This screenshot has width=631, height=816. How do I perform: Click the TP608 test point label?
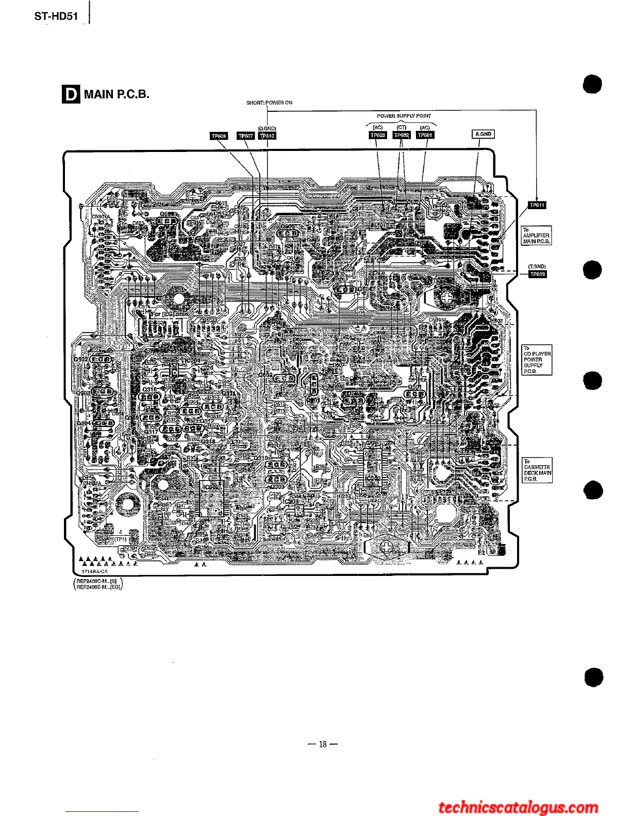(x=219, y=136)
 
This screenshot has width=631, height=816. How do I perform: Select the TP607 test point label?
(x=245, y=136)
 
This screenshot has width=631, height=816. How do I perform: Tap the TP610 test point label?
(x=267, y=136)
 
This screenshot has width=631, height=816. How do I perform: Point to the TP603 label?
(x=378, y=135)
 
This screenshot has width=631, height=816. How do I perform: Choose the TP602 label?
(x=402, y=135)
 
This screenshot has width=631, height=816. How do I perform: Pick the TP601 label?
(x=425, y=135)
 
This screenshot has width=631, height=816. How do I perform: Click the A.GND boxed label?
(x=484, y=134)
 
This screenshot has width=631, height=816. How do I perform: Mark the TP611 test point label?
(x=537, y=205)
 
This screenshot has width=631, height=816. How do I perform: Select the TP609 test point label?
(x=538, y=274)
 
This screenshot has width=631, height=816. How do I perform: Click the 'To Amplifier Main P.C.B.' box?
(x=537, y=235)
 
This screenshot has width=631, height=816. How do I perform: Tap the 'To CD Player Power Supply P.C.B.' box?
(x=537, y=360)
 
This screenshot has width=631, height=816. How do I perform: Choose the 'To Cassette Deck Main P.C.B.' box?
(x=537, y=470)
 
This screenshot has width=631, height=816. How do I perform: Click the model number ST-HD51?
(x=56, y=16)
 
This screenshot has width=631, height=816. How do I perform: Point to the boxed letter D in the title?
(x=71, y=94)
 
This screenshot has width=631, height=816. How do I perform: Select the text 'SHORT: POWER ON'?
(x=269, y=103)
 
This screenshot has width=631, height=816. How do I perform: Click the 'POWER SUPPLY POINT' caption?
(x=404, y=116)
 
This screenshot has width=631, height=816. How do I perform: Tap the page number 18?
(x=323, y=744)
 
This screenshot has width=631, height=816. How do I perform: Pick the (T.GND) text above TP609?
(x=537, y=266)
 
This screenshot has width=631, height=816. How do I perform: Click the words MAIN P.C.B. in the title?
(x=117, y=94)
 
